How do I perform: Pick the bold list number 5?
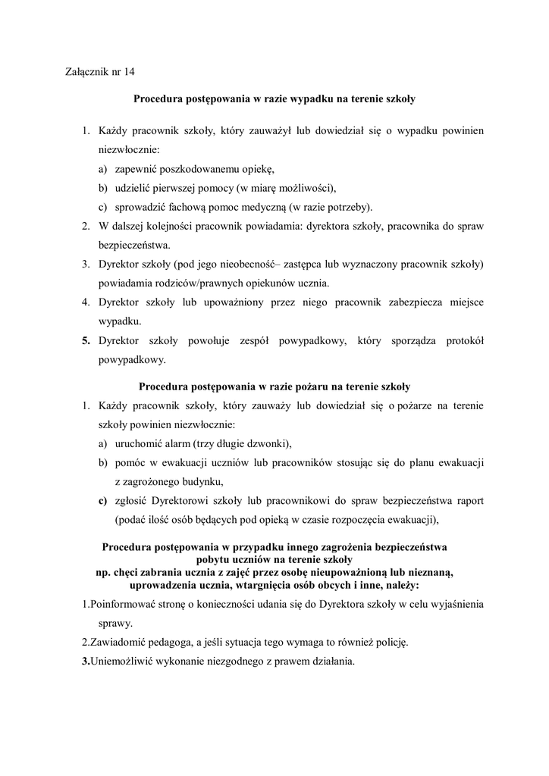(86, 342)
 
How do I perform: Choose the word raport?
(468, 501)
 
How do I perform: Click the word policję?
(389, 643)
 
